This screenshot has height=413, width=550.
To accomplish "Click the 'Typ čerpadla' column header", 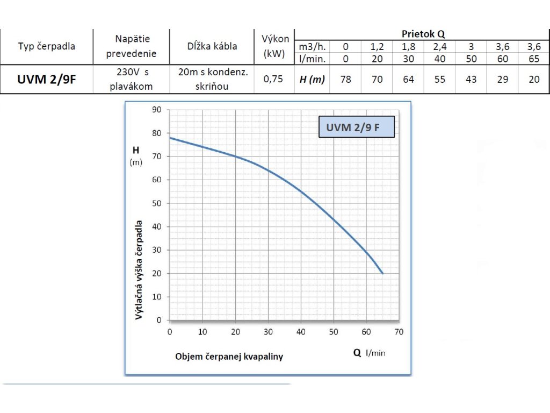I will tap(47, 46).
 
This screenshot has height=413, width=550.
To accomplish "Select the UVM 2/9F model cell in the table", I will tap(47, 80).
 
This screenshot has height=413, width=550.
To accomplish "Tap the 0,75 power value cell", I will tap(274, 80).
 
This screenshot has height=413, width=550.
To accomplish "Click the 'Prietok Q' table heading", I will tap(423, 34).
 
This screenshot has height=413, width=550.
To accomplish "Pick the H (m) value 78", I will tap(346, 80).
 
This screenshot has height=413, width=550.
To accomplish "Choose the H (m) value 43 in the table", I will tap(471, 80).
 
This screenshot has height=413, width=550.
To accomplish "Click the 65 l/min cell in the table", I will tap(534, 59).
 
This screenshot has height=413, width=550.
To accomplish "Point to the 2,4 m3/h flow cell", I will tap(440, 47).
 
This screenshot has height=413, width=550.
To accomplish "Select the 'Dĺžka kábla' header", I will tap(212, 46).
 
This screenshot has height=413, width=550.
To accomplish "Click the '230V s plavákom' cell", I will tap(131, 79).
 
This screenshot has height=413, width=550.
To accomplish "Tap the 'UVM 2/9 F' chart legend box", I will tap(356, 128).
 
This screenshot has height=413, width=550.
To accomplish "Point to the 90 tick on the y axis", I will tap(157, 110).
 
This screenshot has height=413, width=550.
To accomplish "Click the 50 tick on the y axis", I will tap(157, 203).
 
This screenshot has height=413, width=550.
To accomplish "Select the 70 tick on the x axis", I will tap(399, 331).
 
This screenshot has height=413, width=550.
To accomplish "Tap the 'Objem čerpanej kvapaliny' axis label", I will tap(229, 357).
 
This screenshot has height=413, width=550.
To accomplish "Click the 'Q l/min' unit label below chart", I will tap(370, 353).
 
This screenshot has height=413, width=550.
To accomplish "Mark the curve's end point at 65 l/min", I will tap(382, 273).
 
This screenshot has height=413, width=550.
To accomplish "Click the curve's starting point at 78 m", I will tap(170, 138).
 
